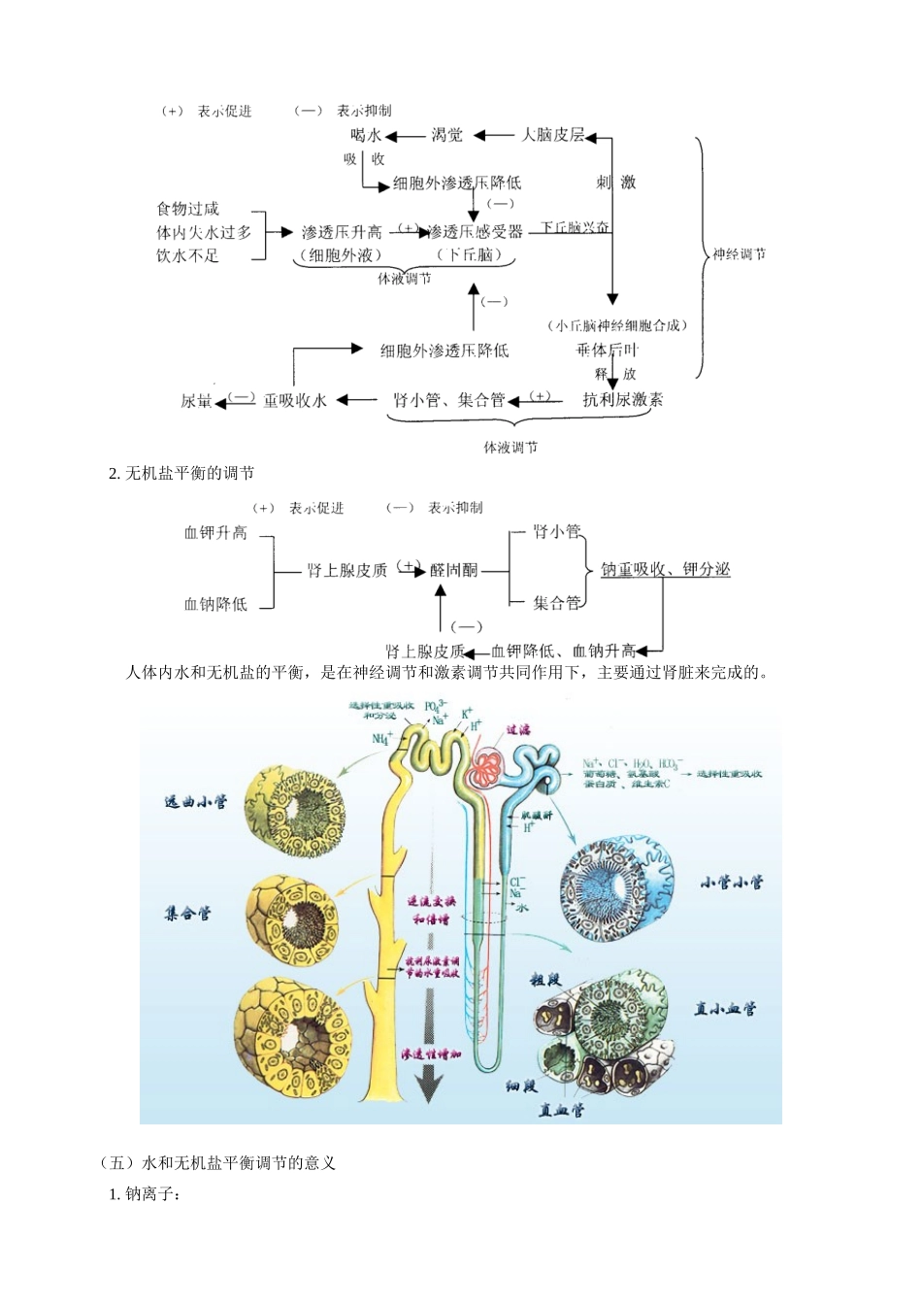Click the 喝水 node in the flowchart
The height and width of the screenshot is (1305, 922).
tap(367, 135)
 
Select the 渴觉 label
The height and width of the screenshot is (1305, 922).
tap(446, 135)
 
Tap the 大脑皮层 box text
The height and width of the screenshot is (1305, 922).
tap(553, 135)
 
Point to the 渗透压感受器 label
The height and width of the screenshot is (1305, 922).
tap(475, 232)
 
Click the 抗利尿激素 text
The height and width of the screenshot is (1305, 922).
tap(623, 399)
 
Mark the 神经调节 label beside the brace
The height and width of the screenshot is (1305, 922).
tap(739, 254)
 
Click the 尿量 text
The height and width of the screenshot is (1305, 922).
tap(196, 400)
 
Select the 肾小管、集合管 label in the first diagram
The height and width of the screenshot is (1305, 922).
tap(449, 400)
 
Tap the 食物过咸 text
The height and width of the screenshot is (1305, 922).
tap(188, 209)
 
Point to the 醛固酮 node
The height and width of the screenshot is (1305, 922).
tap(454, 570)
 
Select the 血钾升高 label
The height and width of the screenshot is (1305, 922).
tap(215, 533)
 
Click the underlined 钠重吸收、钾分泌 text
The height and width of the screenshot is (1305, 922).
tap(666, 569)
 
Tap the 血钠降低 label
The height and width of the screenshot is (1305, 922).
tap(215, 604)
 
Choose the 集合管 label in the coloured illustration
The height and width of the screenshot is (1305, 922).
tap(188, 913)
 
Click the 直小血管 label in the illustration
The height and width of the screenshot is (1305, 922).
tap(725, 1009)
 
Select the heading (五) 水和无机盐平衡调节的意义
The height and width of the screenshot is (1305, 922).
tap(218, 1162)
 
